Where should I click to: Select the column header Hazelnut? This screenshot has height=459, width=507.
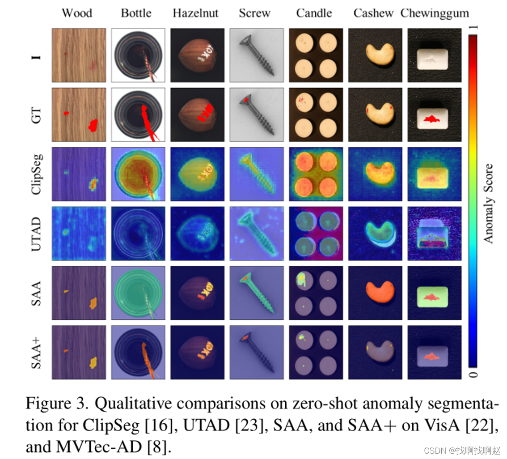195,13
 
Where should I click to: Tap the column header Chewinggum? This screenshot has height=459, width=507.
435,13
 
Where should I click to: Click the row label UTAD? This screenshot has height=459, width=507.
37,233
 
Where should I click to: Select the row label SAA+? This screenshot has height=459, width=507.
37,352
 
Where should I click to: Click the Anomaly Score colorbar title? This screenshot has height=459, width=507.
489,204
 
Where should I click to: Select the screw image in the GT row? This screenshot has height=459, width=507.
256,115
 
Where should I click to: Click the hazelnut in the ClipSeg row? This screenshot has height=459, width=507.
197,174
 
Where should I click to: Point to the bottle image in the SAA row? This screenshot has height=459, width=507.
138,293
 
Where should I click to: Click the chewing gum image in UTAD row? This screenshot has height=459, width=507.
434,233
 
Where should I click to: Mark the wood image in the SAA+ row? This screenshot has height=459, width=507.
79,352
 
